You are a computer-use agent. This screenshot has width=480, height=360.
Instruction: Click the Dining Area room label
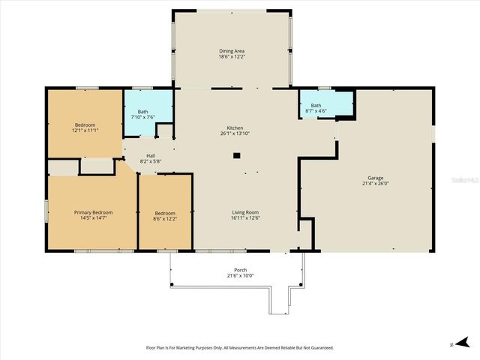pyautogui.click(x=231, y=51)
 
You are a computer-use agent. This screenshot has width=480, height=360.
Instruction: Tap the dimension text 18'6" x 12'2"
pyautogui.click(x=231, y=57)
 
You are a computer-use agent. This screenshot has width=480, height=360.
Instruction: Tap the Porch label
pyautogui.click(x=240, y=270)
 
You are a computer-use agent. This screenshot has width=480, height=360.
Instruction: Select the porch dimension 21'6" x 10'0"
pyautogui.click(x=240, y=275)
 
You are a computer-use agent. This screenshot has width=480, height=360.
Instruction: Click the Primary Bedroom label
pyautogui.click(x=92, y=212)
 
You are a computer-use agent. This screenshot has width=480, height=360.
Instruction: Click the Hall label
pyautogui.click(x=151, y=156)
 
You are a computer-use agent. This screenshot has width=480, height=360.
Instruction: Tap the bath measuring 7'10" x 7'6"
pyautogui.click(x=142, y=115)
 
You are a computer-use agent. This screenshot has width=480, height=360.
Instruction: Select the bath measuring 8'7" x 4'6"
pyautogui.click(x=316, y=109)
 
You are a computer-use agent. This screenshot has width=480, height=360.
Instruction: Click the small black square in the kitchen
pyautogui.click(x=236, y=155)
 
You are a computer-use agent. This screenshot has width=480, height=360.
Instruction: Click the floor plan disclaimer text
pyautogui.click(x=239, y=347)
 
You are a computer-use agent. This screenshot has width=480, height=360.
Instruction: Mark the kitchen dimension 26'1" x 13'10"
pyautogui.click(x=235, y=133)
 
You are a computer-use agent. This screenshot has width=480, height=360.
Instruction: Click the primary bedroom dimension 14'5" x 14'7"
pyautogui.click(x=92, y=218)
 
